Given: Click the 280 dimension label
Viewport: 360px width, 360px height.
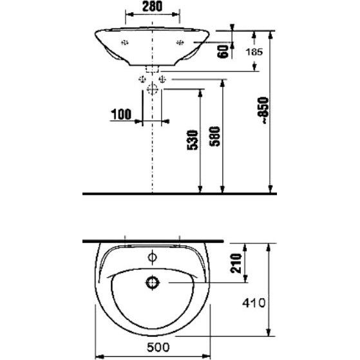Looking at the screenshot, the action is click(x=152, y=6).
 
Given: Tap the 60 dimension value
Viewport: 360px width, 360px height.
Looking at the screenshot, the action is click(x=223, y=52).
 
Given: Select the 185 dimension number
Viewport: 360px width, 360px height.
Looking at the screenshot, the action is click(x=254, y=52).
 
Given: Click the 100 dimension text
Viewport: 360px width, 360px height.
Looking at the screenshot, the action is click(x=121, y=115).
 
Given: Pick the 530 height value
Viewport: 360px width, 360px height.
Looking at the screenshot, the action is click(x=193, y=140).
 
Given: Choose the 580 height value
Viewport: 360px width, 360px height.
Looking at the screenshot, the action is click(x=214, y=137).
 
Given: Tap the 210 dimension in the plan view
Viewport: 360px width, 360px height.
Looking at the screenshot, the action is click(x=236, y=263).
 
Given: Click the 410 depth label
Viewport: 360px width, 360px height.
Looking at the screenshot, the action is click(x=254, y=303).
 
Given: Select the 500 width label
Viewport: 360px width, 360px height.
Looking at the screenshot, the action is click(x=158, y=347).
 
